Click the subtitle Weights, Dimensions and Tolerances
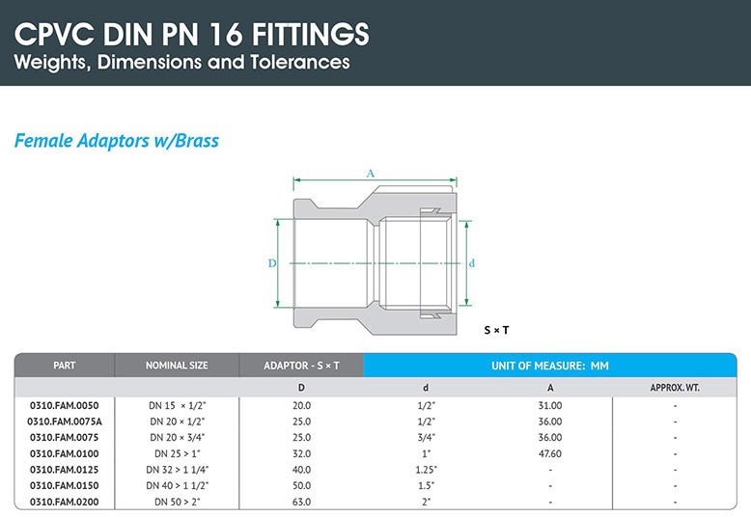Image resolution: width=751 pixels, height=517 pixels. pyautogui.click(x=181, y=64)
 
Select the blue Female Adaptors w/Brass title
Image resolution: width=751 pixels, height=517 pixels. pyautogui.click(x=117, y=141)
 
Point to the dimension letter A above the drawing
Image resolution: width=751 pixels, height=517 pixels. pyautogui.click(x=370, y=174)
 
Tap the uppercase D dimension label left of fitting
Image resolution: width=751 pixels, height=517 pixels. pyautogui.click(x=272, y=262)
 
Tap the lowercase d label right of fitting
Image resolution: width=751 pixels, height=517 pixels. pyautogui.click(x=472, y=262)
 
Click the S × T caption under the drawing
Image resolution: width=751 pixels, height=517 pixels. pyautogui.click(x=496, y=330)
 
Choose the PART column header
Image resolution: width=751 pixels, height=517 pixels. pyautogui.click(x=65, y=366)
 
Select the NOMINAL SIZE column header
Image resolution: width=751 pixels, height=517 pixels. pyautogui.click(x=177, y=366)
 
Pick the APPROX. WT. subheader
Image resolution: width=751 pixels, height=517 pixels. pyautogui.click(x=675, y=388)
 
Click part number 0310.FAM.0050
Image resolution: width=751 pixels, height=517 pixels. pyautogui.click(x=65, y=405)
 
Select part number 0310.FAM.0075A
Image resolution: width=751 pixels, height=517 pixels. pyautogui.click(x=65, y=422)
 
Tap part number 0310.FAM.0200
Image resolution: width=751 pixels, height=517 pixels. pyautogui.click(x=65, y=503)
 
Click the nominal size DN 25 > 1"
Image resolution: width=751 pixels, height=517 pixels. pyautogui.click(x=177, y=453)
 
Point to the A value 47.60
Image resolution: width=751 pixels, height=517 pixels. pyautogui.click(x=550, y=453)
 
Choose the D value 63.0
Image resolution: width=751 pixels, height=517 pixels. pyautogui.click(x=301, y=503)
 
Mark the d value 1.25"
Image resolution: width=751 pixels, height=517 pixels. pyautogui.click(x=426, y=470)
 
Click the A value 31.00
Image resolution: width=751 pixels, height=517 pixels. pyautogui.click(x=550, y=405)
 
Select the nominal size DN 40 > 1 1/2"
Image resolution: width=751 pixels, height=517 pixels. pyautogui.click(x=177, y=486)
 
